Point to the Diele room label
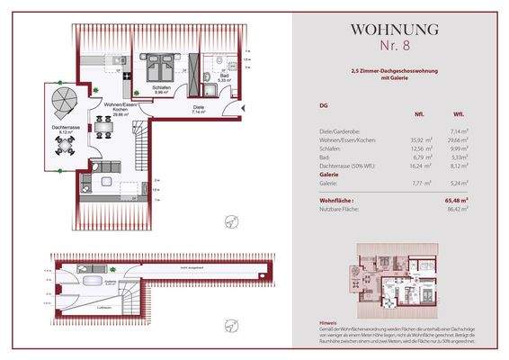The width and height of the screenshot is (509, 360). click(x=199, y=109)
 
